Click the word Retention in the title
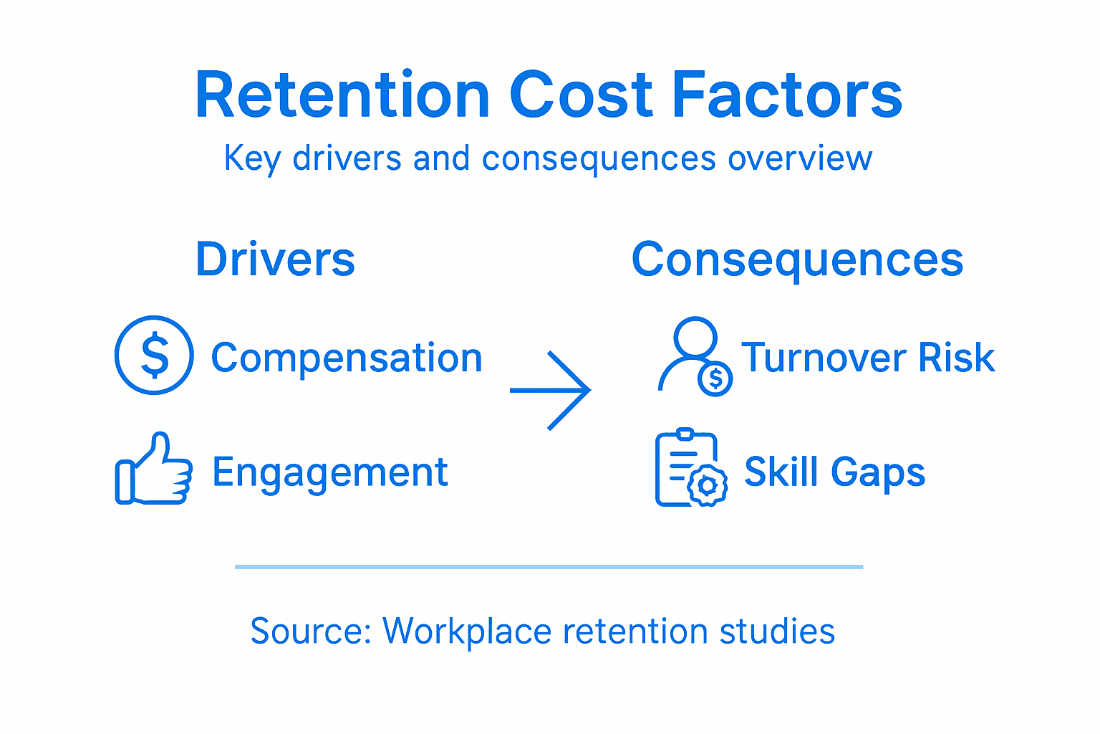click(x=342, y=95)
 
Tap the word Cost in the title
click(x=581, y=95)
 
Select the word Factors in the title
click(x=787, y=95)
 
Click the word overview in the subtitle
click(x=800, y=158)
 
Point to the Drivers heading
click(x=275, y=259)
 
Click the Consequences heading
click(x=797, y=259)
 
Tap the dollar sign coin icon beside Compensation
click(x=154, y=356)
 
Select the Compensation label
click(x=347, y=358)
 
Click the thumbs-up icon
click(x=154, y=470)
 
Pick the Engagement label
click(x=330, y=472)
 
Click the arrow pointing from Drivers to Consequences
click(x=551, y=391)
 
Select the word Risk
click(x=957, y=358)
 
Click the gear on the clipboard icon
click(x=708, y=486)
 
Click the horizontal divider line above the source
click(x=549, y=567)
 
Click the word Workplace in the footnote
click(x=467, y=631)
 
